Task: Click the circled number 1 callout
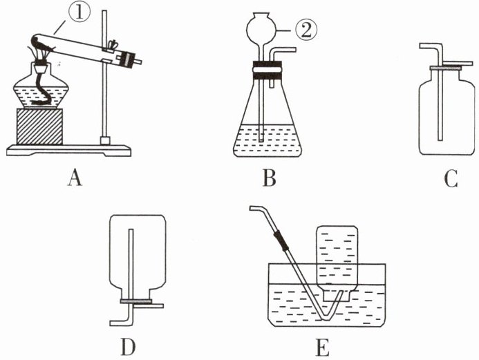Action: [x=79, y=13]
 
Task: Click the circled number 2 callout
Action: [x=306, y=31]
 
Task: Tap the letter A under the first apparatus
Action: [x=75, y=178]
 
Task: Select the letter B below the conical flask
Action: [x=269, y=178]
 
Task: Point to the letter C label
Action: [x=451, y=178]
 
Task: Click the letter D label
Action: [x=129, y=347]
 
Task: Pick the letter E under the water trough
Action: [x=322, y=348]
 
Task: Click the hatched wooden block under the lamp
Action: [x=39, y=126]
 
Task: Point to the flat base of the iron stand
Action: [x=68, y=150]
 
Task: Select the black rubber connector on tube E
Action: [x=281, y=240]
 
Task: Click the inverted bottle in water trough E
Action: [x=337, y=263]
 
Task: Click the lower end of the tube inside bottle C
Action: [x=440, y=140]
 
